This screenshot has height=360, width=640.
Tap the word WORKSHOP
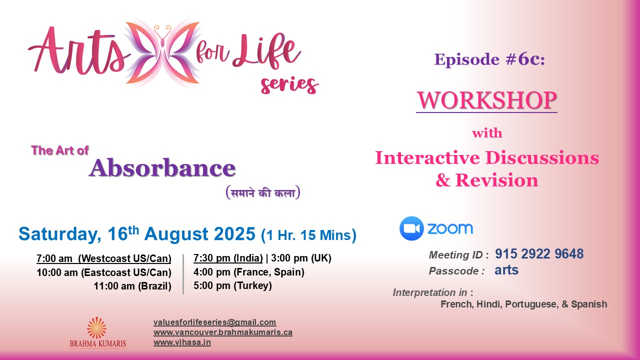tap(486, 100)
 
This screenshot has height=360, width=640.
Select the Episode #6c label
tap(489, 59)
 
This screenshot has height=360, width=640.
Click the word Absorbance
tap(162, 168)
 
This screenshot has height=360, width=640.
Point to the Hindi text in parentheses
tap(262, 192)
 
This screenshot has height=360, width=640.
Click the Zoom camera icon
tap(411, 229)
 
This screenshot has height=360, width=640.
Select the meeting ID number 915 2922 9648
tap(539, 254)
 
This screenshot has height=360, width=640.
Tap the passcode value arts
tap(506, 270)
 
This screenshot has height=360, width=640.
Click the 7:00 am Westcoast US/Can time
tap(104, 258)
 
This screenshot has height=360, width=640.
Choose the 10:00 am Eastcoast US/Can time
tap(104, 272)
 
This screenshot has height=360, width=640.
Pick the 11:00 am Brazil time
tap(132, 286)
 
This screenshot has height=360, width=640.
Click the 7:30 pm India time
tap(228, 258)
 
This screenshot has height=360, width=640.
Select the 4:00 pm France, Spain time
tap(248, 272)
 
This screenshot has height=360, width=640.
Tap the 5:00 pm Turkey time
tap(232, 286)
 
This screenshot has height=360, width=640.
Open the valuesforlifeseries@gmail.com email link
tap(214, 322)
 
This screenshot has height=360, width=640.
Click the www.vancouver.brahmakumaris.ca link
tap(222, 332)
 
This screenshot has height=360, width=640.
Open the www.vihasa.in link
tap(182, 342)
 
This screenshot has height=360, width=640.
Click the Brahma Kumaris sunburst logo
tap(96, 327)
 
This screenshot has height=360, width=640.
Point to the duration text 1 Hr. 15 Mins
tap(308, 234)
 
